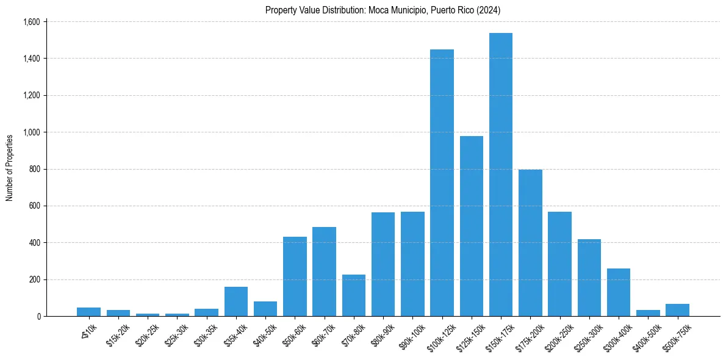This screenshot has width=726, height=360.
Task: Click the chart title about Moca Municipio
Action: [x=383, y=10]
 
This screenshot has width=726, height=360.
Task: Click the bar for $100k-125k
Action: [x=442, y=183]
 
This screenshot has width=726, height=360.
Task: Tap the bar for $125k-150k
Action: [x=471, y=226]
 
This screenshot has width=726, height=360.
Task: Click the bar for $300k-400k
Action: [x=619, y=292]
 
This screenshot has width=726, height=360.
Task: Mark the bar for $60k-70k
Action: [x=324, y=272]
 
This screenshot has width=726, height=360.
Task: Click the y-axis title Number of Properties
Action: [x=10, y=168]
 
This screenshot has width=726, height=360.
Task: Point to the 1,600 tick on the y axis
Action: [x=31, y=22]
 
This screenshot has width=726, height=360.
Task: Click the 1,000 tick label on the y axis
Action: [x=31, y=132]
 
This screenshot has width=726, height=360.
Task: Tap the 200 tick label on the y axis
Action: [x=34, y=279]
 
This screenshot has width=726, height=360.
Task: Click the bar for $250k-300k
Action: [x=589, y=278]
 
